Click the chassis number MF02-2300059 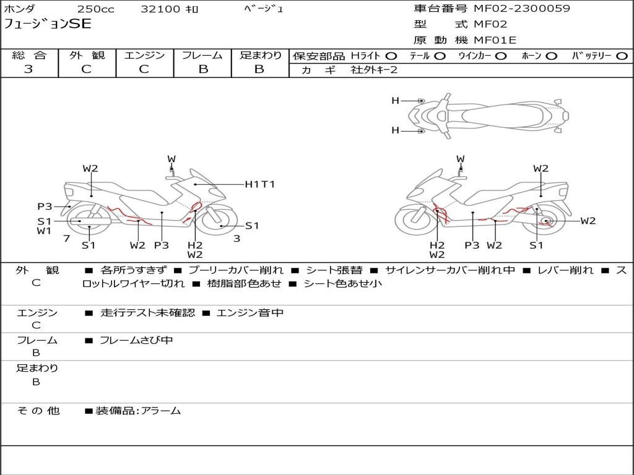point(522,8)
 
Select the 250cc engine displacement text point(96,9)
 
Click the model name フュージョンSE point(48,24)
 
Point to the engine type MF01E point(495,40)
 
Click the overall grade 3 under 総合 point(28,69)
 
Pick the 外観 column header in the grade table point(87,55)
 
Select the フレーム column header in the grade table point(202,55)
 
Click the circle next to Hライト point(391,56)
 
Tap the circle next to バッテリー point(622,56)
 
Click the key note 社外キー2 point(374,70)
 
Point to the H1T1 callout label point(260,184)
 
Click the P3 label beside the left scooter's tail point(45,207)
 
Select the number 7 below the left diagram point(67,238)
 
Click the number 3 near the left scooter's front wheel point(237,239)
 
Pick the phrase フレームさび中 point(136,341)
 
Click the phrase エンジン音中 point(250,312)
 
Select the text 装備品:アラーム point(138,411)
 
